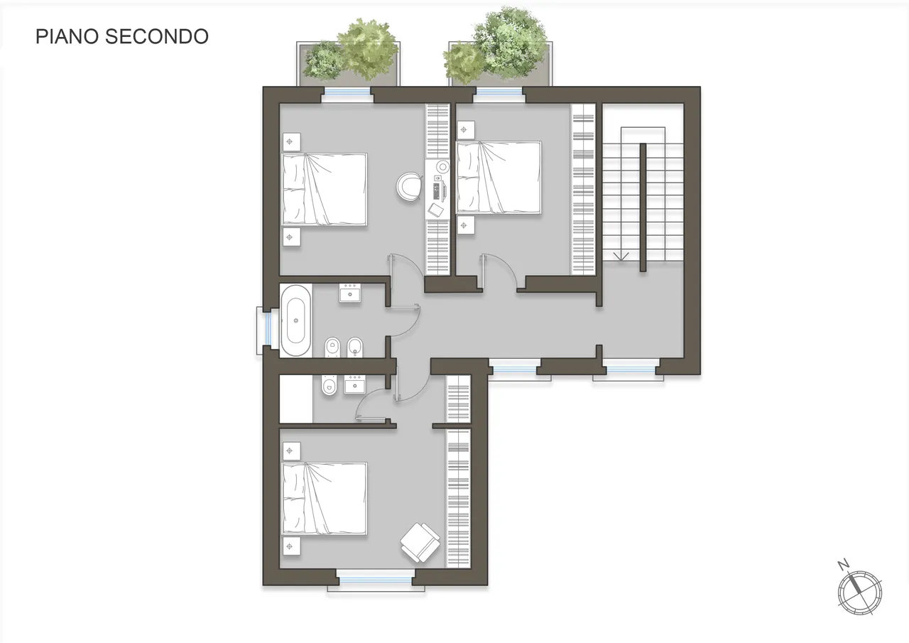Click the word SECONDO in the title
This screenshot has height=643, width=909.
(157, 36)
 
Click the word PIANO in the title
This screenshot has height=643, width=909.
(67, 36)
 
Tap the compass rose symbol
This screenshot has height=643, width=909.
(860, 593)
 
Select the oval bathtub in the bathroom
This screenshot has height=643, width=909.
(296, 320)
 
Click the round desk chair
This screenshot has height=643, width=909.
(408, 186)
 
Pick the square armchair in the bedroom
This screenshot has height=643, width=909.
(420, 542)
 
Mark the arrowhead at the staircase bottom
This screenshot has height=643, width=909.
(621, 256)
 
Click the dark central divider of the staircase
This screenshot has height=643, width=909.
(643, 207)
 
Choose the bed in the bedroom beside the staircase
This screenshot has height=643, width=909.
(499, 178)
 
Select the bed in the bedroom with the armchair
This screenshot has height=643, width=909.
(325, 499)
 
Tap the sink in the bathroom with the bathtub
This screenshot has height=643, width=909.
(350, 293)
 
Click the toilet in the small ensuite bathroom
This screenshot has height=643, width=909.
(329, 384)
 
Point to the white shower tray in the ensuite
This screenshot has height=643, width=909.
(296, 399)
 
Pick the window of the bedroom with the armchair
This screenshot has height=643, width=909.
(376, 580)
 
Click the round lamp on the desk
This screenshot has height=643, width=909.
(442, 167)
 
